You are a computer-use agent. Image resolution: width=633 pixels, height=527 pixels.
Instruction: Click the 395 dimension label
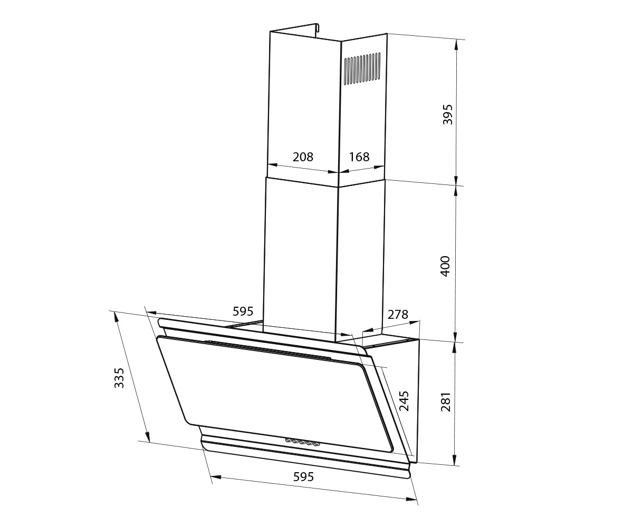(447, 114)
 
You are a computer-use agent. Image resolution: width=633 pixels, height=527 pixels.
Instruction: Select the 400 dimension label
(445, 266)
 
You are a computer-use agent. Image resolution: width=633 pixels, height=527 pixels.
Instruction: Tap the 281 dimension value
(446, 402)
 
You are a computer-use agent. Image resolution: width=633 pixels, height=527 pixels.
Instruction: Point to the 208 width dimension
(303, 157)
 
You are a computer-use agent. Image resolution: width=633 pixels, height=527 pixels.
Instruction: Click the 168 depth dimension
(359, 157)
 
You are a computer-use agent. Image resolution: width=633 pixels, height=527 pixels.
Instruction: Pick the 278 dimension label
(398, 315)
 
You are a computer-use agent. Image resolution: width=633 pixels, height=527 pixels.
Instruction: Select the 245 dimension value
(404, 401)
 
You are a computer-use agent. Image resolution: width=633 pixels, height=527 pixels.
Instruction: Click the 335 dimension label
(119, 378)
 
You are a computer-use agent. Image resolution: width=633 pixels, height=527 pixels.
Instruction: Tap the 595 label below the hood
(303, 477)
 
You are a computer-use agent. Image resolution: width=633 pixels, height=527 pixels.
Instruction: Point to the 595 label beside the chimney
(243, 311)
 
